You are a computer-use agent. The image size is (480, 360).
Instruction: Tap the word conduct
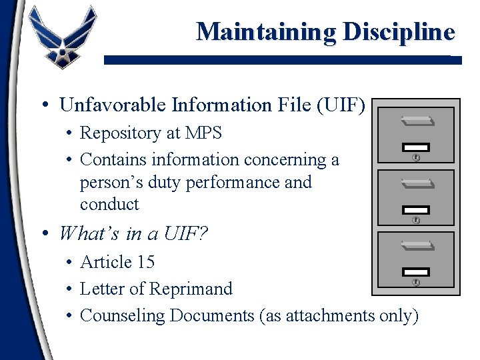pos(109,204)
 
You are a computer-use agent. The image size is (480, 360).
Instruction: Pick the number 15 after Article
pos(145,262)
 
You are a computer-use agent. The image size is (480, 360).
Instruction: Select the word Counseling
pos(123,315)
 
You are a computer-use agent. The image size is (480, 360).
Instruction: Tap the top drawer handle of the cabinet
pos(417,121)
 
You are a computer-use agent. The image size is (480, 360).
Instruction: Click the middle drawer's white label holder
pos(417,209)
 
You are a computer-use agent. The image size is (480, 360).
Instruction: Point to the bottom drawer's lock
pos(417,282)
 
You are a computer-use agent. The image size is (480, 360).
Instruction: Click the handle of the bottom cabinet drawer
pos(417,246)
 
